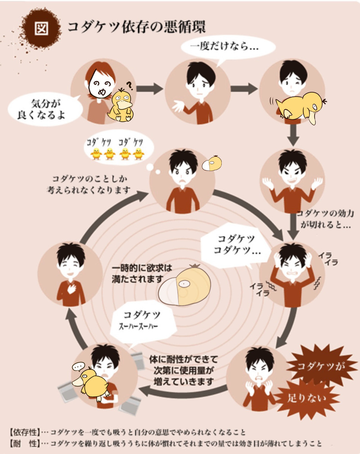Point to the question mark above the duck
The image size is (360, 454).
[129, 85]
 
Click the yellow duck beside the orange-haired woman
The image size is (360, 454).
[121, 105]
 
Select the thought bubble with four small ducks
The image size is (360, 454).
[118, 150]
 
